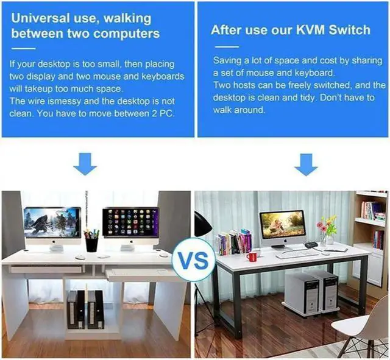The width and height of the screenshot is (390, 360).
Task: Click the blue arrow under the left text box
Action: [x=85, y=164]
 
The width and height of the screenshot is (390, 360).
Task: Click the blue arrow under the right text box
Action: [x=306, y=164]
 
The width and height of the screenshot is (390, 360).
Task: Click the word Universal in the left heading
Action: [x=38, y=17]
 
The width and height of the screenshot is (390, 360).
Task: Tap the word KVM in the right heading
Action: [x=311, y=30]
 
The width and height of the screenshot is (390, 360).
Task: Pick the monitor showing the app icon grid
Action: [x=130, y=223]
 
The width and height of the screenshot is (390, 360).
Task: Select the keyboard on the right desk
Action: [x=295, y=253]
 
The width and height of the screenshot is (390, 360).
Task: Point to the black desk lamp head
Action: [x=202, y=225]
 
